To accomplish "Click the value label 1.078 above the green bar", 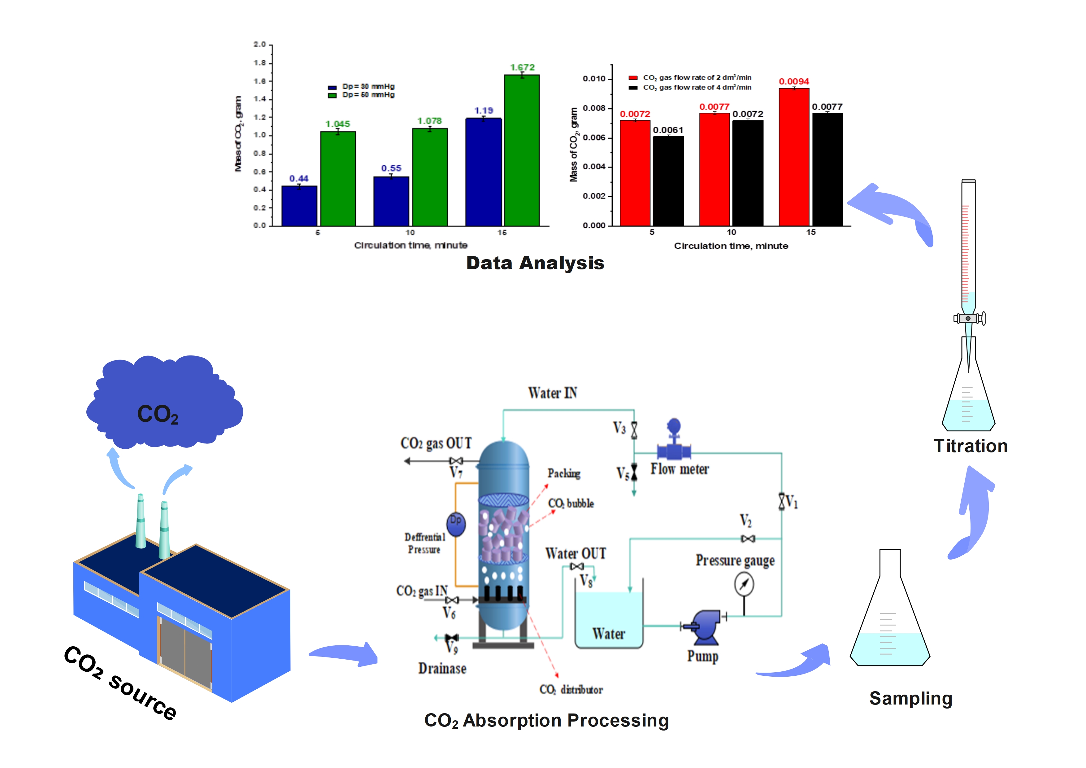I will click(x=429, y=121).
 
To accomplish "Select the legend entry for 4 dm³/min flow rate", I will click(x=691, y=88).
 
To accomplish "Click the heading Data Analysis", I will click(x=535, y=263).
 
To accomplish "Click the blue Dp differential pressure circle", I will click(x=456, y=524).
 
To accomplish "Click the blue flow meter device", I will click(x=674, y=443).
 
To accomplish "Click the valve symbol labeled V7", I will click(x=456, y=461).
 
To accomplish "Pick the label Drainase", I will click(x=442, y=669).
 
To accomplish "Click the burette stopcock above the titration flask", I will click(x=969, y=318).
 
